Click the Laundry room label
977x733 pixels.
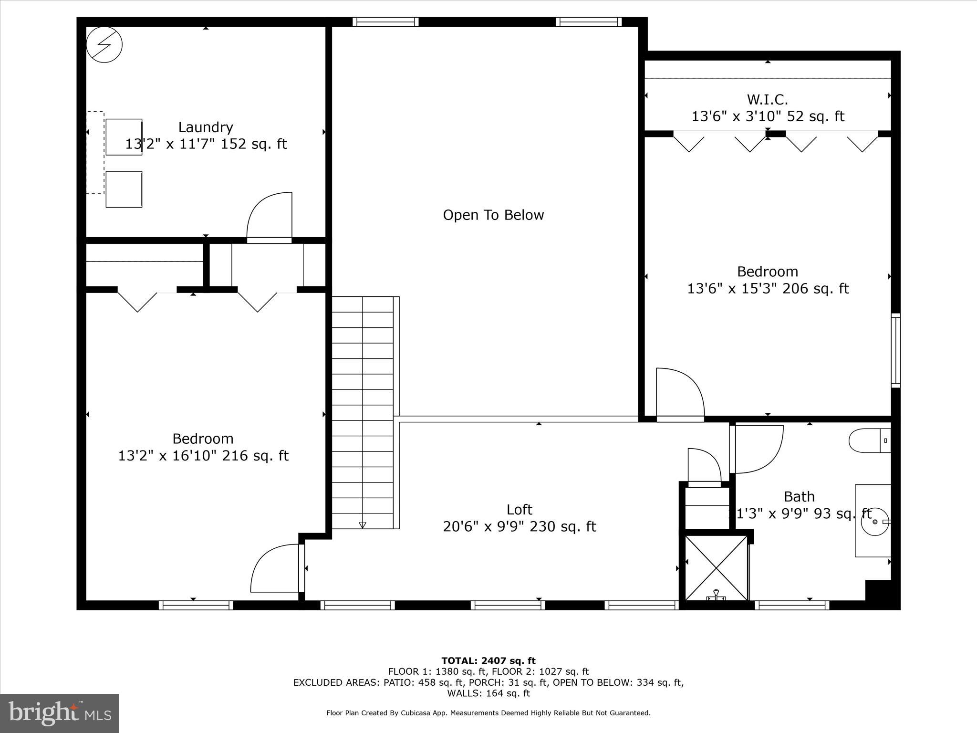[x=206, y=127]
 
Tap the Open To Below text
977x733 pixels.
[x=493, y=215]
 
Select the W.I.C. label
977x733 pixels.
[x=767, y=100]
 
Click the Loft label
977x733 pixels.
[x=519, y=510]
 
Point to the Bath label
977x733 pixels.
[x=799, y=497]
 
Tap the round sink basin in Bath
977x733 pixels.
[x=875, y=522]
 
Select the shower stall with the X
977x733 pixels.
[x=716, y=567]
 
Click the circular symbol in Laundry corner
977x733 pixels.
[x=104, y=44]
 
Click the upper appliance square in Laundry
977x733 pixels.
[x=124, y=137]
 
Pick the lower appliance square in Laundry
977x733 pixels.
[x=124, y=189]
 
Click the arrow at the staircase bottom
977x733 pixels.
[x=362, y=525]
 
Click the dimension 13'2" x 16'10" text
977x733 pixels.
[x=203, y=456]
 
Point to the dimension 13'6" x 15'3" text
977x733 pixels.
[x=768, y=289]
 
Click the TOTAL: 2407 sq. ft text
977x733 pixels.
[x=488, y=661]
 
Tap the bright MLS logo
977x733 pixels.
[x=60, y=713]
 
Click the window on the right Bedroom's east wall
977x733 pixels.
[x=895, y=350]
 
